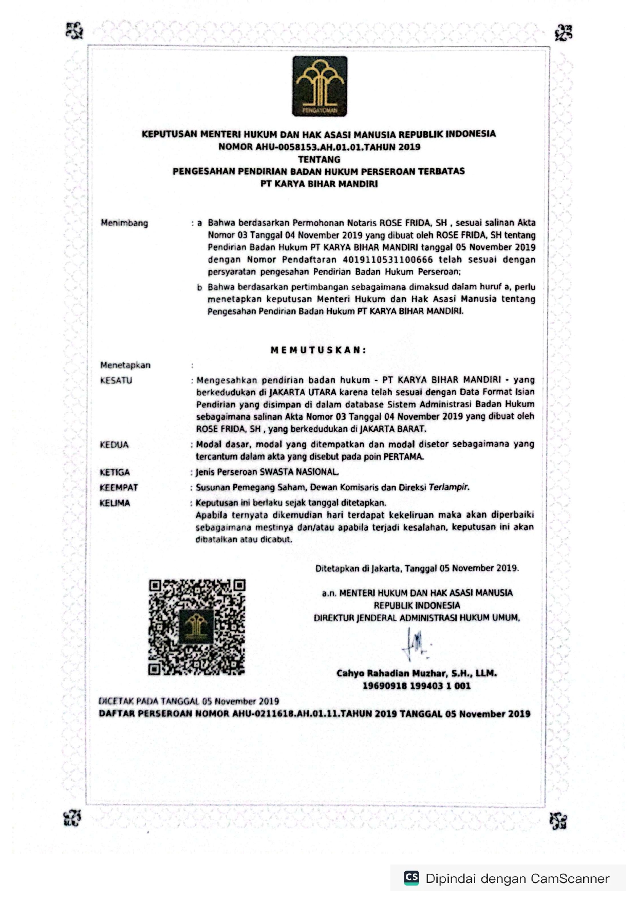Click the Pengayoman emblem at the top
click(320, 86)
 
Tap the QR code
click(197, 627)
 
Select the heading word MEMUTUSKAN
click(318, 350)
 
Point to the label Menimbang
click(124, 223)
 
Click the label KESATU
click(116, 380)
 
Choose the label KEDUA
click(114, 445)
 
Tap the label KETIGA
click(115, 472)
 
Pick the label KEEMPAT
click(119, 487)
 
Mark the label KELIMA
click(115, 503)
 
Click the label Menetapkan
click(125, 365)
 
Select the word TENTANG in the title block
click(319, 159)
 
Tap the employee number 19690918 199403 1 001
click(417, 686)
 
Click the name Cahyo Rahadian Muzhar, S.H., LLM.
click(417, 673)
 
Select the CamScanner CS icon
click(411, 877)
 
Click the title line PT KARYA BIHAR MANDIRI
click(319, 184)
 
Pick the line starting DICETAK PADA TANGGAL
click(189, 701)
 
